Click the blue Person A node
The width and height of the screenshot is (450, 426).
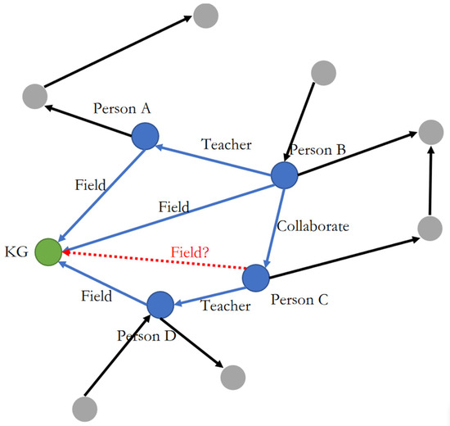(145, 136)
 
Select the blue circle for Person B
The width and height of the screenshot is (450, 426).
(284, 175)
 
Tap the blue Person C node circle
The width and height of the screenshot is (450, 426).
(256, 277)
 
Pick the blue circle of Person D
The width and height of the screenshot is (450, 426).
(160, 306)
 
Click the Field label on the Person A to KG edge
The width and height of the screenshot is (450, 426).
(90, 185)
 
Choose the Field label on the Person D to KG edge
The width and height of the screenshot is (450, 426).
(97, 296)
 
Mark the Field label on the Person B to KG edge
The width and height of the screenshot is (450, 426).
(173, 207)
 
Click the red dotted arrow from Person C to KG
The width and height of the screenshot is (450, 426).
(155, 261)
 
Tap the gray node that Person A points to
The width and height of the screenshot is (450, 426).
(35, 95)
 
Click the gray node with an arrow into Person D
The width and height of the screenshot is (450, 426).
(84, 407)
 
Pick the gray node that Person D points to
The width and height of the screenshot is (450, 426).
(232, 376)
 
